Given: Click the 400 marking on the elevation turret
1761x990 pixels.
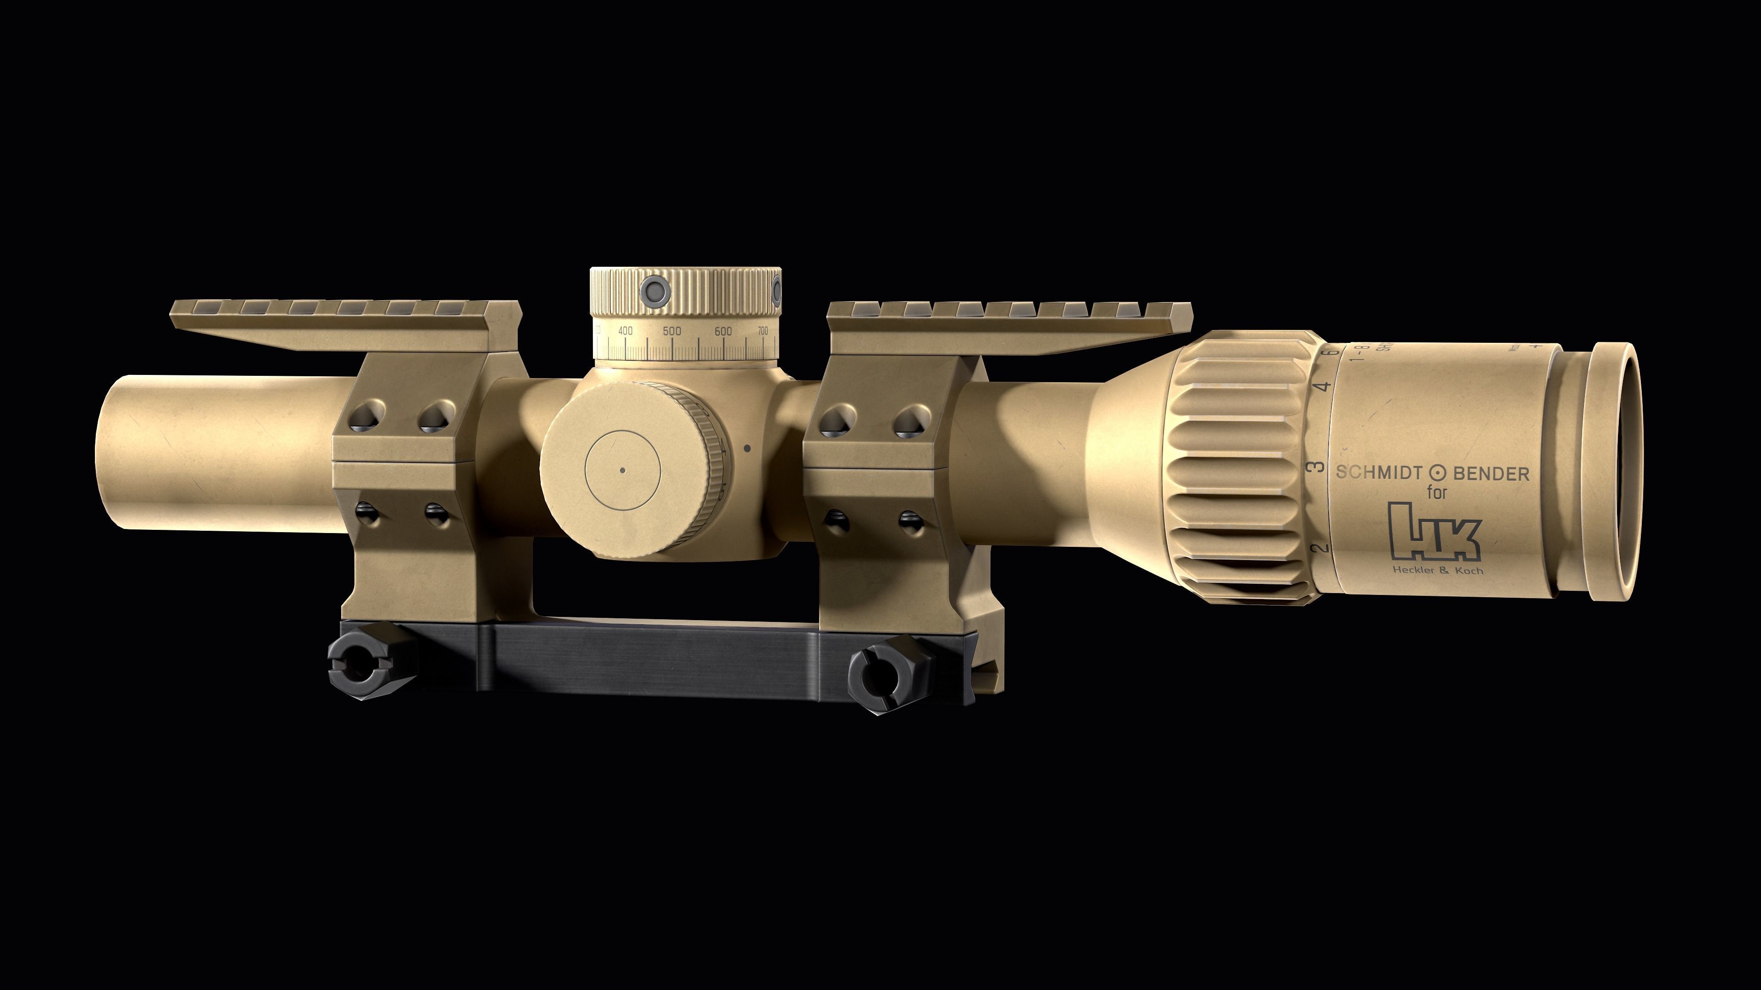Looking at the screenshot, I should point(625,330).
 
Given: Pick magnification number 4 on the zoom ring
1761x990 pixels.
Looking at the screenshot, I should point(1325,387).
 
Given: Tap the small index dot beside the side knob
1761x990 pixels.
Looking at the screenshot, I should point(747,449).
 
